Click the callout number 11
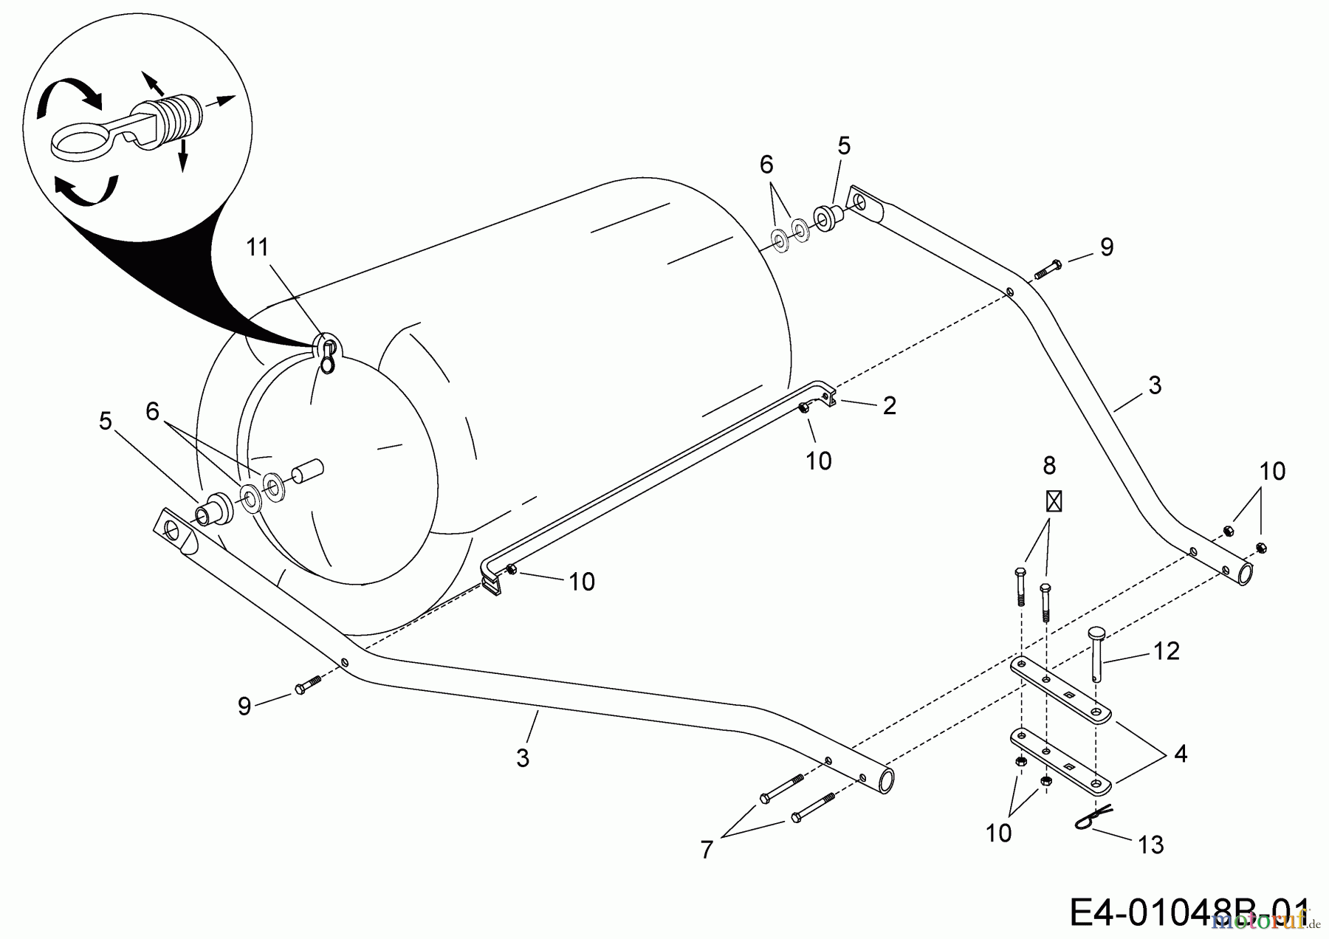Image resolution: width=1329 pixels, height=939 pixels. (x=257, y=247)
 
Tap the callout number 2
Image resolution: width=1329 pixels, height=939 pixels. (x=889, y=405)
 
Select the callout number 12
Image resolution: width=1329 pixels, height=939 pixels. (x=1167, y=650)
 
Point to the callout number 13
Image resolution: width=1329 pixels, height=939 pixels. (x=1151, y=845)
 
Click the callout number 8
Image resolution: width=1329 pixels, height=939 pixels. (x=1049, y=466)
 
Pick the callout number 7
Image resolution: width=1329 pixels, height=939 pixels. (x=707, y=850)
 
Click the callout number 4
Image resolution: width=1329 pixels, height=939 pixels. (x=1180, y=754)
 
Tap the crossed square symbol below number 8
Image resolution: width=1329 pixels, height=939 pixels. (x=1054, y=502)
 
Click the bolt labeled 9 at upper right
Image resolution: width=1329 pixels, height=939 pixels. (x=1048, y=269)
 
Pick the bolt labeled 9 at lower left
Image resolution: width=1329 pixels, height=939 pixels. (x=307, y=684)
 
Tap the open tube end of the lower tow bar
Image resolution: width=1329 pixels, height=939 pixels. (x=885, y=780)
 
